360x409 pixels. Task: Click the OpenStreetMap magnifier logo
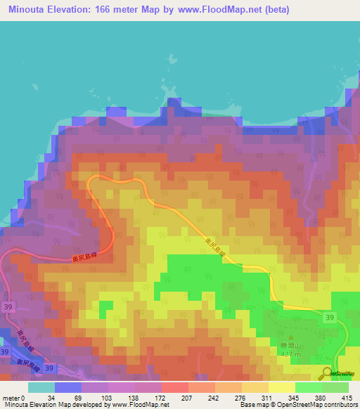pos(327,372)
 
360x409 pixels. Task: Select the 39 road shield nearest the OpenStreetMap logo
pos(330,318)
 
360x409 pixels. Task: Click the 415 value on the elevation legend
pos(346,397)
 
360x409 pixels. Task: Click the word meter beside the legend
pos(10,397)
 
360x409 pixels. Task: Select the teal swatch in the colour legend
pos(41,387)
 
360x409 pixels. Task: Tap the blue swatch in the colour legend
pos(68,387)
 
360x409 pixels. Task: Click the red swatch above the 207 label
pos(175,387)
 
